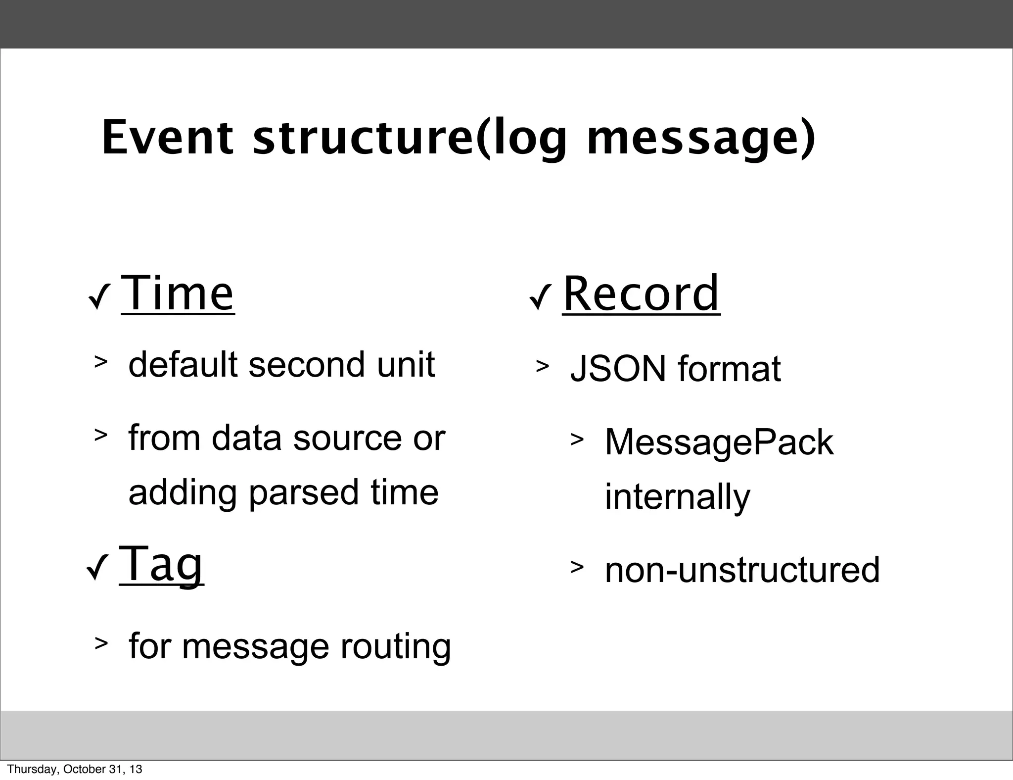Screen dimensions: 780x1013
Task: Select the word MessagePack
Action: click(x=719, y=442)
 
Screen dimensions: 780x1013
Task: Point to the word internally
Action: click(x=677, y=497)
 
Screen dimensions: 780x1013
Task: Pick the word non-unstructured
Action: click(x=742, y=570)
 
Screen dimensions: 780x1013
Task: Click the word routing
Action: click(x=395, y=646)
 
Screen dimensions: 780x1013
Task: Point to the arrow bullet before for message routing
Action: click(x=101, y=643)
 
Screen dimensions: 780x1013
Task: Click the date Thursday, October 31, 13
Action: click(x=75, y=769)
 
